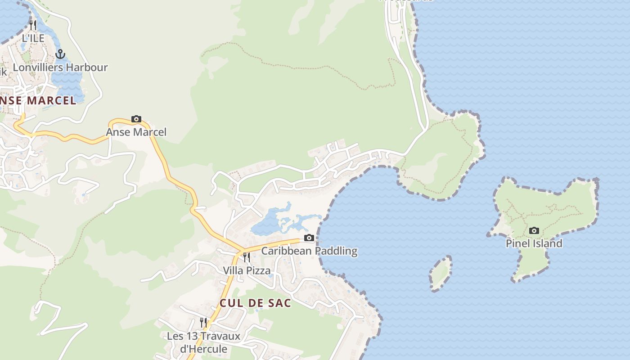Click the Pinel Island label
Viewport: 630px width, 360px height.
(534, 243)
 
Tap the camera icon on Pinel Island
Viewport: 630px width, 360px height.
(534, 231)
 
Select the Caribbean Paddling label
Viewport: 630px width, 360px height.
(309, 251)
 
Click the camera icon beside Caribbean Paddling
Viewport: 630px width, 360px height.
(309, 238)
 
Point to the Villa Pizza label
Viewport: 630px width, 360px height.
(247, 270)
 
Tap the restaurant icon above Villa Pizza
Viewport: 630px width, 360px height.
(247, 257)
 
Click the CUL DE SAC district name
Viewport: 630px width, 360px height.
(255, 303)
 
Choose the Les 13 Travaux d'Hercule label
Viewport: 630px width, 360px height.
(203, 342)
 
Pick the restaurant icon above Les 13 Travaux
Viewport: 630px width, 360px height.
(203, 323)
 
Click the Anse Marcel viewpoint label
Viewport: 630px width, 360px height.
(136, 132)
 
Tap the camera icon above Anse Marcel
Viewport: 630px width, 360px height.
(136, 119)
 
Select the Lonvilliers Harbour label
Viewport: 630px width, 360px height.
(60, 67)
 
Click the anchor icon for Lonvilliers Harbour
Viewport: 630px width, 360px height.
(60, 54)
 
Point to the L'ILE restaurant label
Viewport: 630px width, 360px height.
(33, 38)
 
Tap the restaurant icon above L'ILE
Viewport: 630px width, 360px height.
(32, 24)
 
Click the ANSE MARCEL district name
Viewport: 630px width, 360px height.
(38, 100)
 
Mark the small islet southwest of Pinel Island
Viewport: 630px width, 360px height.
(441, 273)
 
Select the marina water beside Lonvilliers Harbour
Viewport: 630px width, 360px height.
(67, 83)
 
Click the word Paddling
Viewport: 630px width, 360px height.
(336, 251)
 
